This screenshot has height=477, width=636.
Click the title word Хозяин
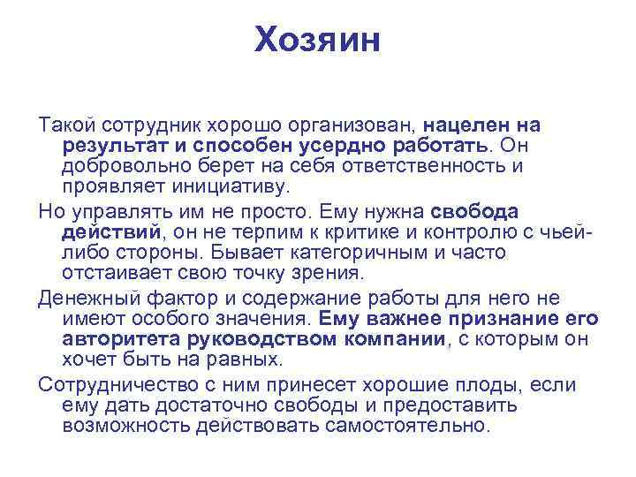(317, 40)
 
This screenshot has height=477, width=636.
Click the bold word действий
(110, 232)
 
